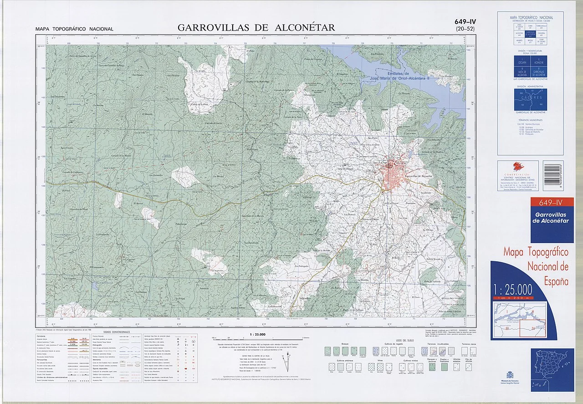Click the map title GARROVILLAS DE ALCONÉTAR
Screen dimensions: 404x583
(256, 27)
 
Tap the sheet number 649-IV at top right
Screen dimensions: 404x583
(465, 21)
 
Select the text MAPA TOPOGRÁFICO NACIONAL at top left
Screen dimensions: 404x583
(74, 29)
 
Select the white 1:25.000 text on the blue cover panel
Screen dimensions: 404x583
(512, 289)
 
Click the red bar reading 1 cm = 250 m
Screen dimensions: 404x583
(512, 298)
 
